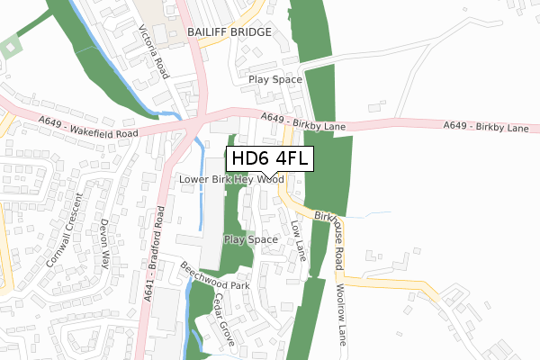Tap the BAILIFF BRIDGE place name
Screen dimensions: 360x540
point(229,31)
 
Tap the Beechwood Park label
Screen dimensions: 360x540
point(213,277)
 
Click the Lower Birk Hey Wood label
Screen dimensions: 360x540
point(231,180)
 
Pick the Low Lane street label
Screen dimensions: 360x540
point(299,238)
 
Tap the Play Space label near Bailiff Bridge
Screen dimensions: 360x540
point(274,79)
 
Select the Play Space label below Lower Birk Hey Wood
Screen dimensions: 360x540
point(250,239)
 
